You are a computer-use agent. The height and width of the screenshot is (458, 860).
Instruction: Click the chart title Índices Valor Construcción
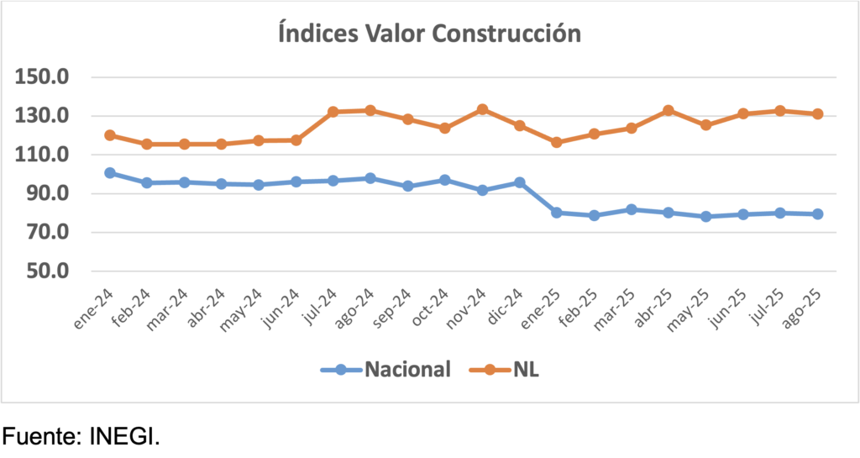(x=429, y=34)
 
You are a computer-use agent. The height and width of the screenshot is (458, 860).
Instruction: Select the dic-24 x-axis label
(x=506, y=308)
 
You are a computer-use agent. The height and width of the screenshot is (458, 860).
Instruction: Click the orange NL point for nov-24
(x=482, y=109)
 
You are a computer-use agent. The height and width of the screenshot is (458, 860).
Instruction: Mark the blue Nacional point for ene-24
(x=110, y=173)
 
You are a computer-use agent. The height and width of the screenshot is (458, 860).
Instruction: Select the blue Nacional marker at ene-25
(x=557, y=213)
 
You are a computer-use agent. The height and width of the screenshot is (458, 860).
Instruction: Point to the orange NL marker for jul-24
(x=333, y=112)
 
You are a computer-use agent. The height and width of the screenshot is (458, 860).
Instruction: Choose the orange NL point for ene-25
(x=557, y=142)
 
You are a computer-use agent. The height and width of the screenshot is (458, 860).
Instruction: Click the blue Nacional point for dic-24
(x=520, y=182)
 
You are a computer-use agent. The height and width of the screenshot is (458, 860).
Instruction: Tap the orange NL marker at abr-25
(x=669, y=110)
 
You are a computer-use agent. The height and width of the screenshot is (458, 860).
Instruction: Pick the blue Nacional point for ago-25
(x=817, y=214)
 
